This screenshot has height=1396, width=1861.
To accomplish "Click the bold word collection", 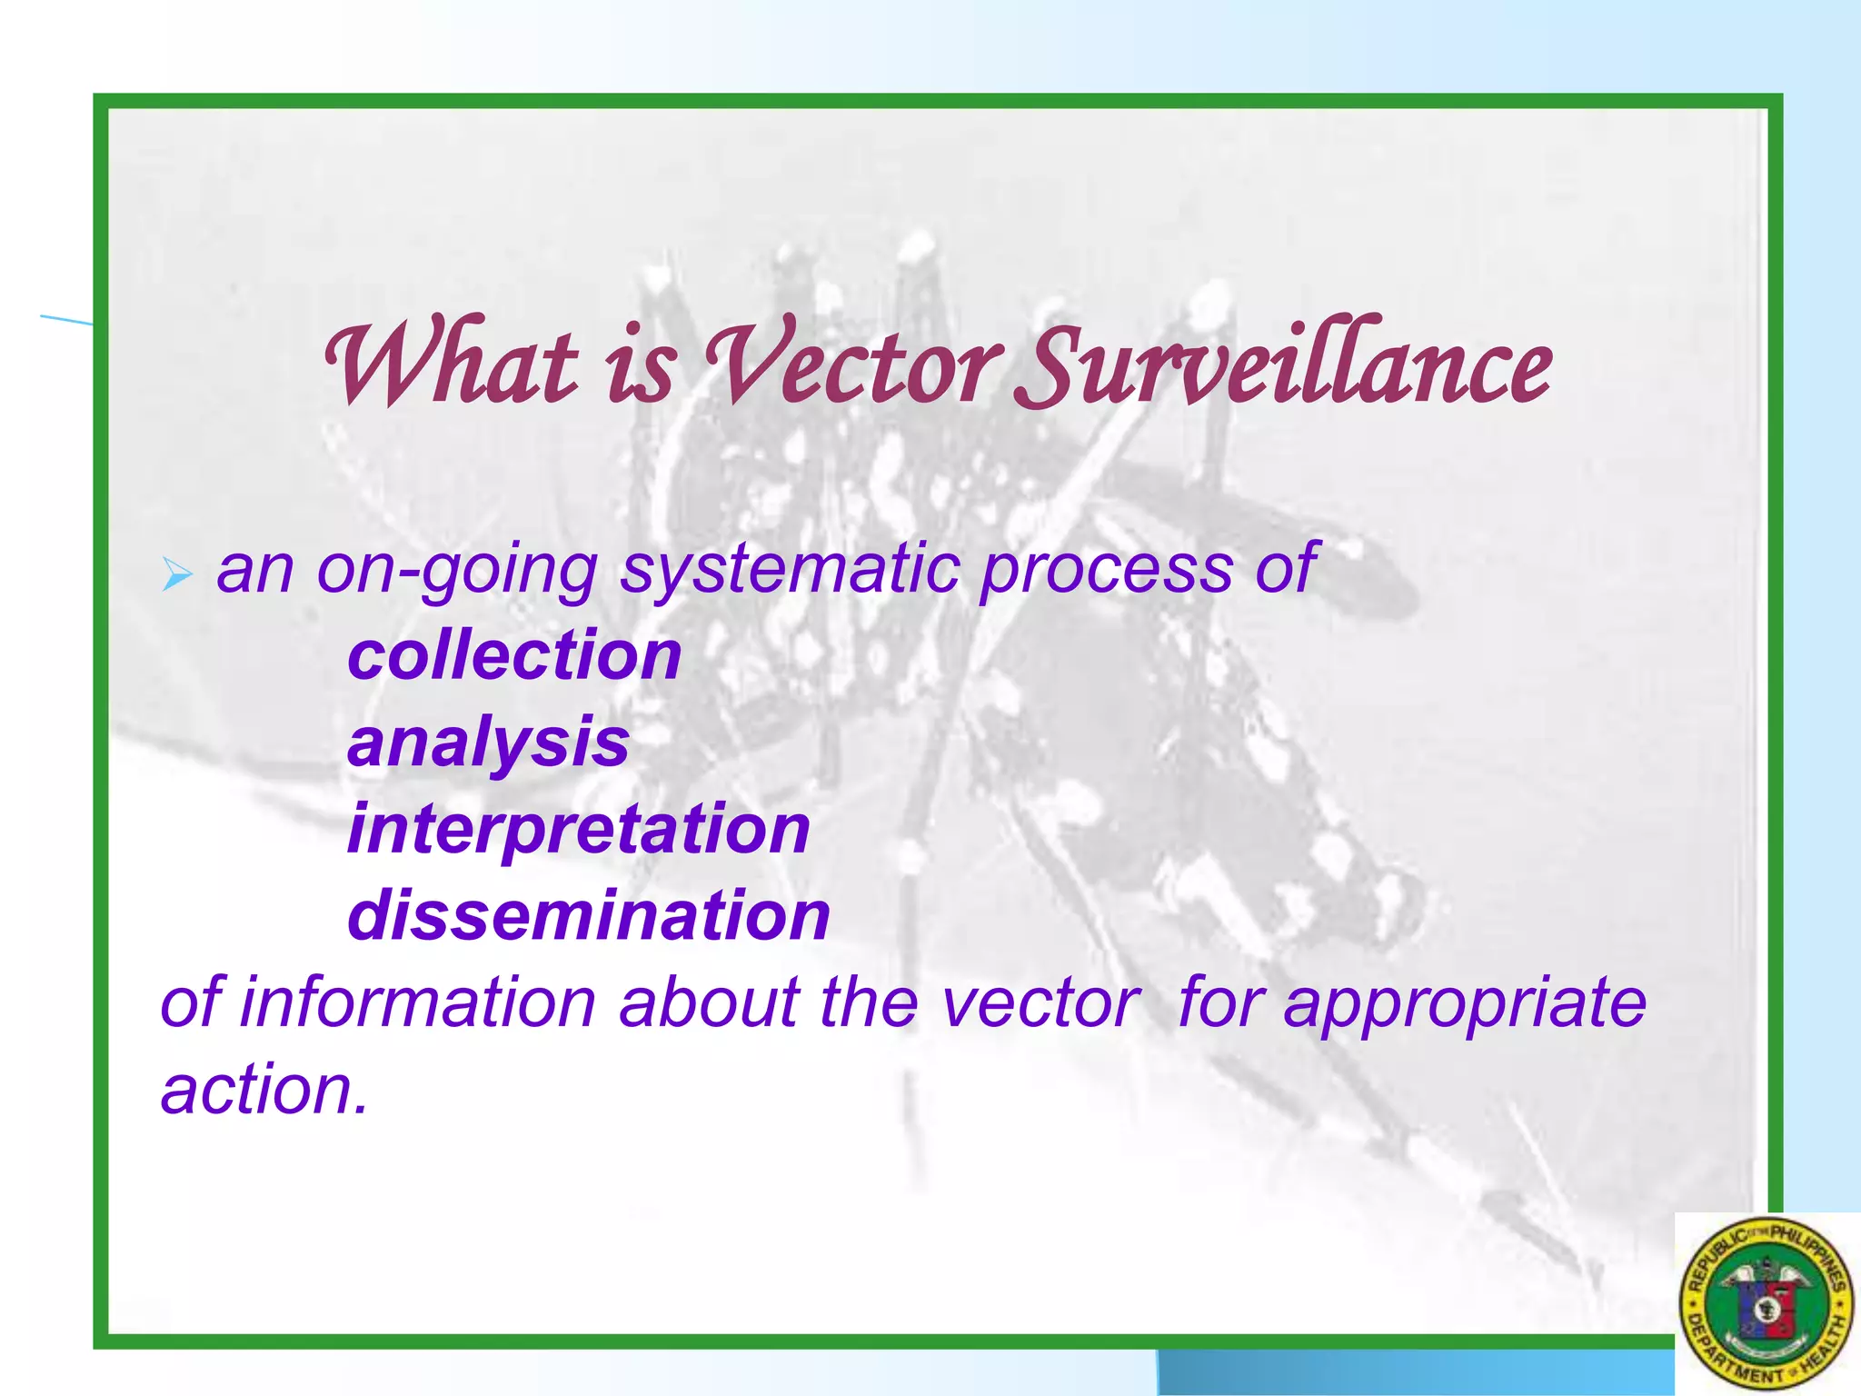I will pyautogui.click(x=514, y=655).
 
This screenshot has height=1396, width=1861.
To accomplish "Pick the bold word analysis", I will pyautogui.click(x=488, y=743).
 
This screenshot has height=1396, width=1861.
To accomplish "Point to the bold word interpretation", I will pyautogui.click(x=579, y=829).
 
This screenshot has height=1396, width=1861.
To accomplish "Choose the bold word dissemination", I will pyautogui.click(x=589, y=915).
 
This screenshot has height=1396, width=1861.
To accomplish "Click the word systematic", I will pyautogui.click(x=790, y=571).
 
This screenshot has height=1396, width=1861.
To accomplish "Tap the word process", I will pyautogui.click(x=1107, y=571).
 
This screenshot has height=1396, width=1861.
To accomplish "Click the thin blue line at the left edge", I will pyautogui.click(x=65, y=319).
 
